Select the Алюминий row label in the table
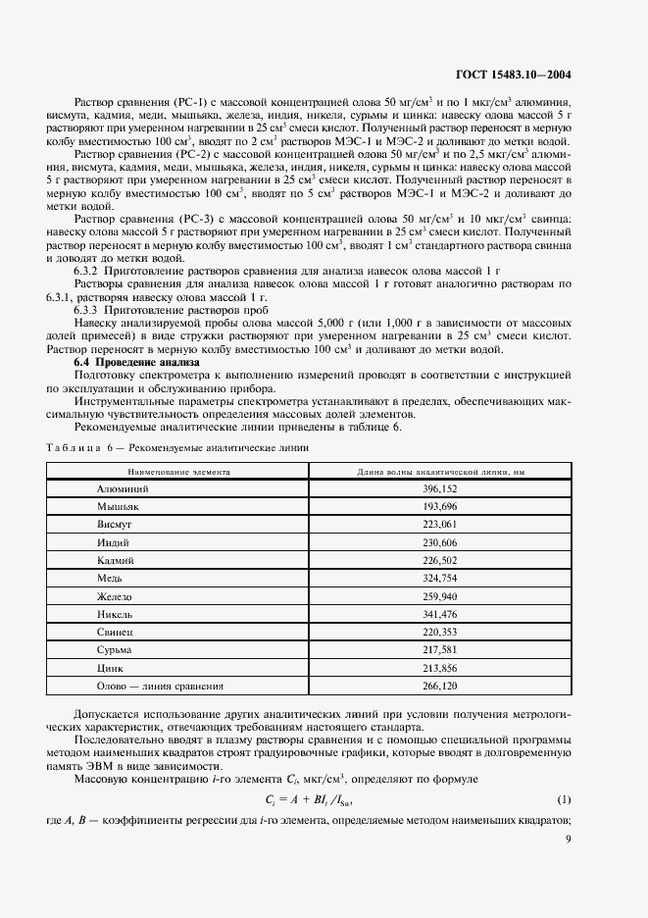pos(121,487)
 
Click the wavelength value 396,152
pos(440,487)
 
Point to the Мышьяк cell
pos(119,506)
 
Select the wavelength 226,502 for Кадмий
pos(440,560)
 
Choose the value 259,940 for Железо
pos(440,596)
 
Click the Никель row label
pos(116,614)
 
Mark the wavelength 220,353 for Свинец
pos(440,633)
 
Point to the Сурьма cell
pos(115,650)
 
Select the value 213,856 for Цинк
pos(440,668)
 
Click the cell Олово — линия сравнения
pos(161,687)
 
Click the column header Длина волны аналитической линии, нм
pos(440,471)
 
